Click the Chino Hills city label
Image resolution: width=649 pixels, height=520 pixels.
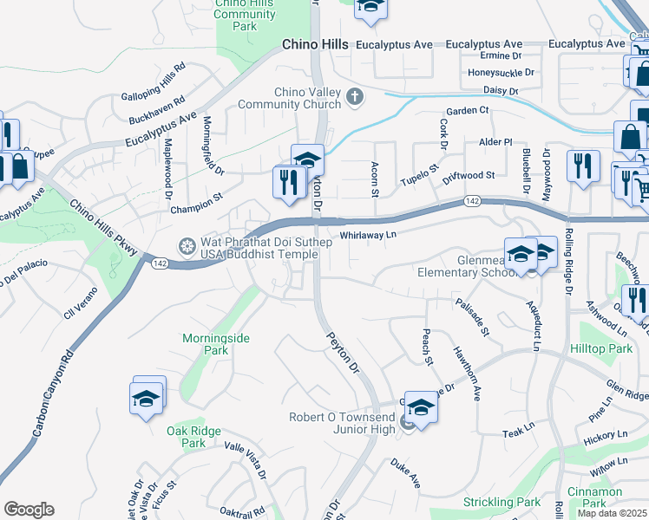[315, 44]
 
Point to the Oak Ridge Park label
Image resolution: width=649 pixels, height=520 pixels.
[193, 436]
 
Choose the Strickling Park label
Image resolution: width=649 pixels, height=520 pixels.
[501, 502]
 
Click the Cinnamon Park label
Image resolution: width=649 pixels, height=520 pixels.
[594, 497]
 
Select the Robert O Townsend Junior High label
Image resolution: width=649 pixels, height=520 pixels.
[344, 423]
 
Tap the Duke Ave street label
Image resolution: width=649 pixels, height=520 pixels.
[404, 472]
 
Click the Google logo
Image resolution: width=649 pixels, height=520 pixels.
[29, 510]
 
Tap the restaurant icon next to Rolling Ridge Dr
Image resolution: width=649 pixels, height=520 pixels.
[582, 166]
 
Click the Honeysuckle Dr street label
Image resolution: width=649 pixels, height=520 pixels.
[501, 73]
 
